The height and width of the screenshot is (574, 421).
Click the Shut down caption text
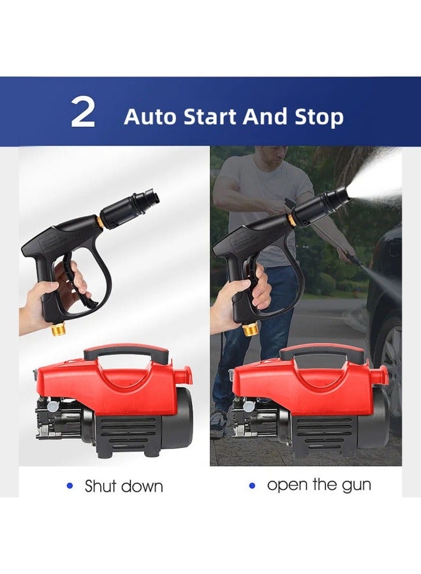tap(124, 486)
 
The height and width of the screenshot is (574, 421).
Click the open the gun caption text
tap(319, 485)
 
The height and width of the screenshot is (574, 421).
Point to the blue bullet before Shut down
tap(70, 486)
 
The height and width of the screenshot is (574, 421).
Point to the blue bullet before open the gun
tap(252, 485)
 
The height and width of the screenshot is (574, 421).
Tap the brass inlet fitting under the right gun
tap(252, 329)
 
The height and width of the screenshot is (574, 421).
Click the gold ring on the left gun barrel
tap(101, 222)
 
